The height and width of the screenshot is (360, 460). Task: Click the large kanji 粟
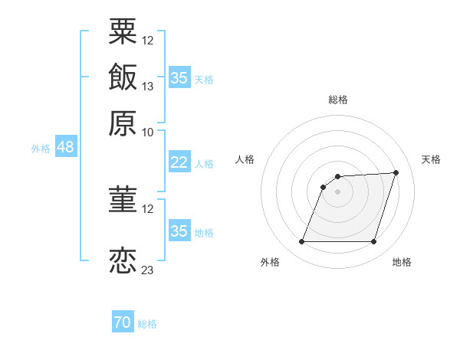click(123, 31)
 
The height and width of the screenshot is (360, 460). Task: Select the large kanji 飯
click(123, 77)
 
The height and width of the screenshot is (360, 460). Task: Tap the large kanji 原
click(123, 123)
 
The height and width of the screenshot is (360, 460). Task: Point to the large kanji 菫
click(123, 199)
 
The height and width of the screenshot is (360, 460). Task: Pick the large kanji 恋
click(123, 260)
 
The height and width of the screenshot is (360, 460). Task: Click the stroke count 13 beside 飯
click(147, 87)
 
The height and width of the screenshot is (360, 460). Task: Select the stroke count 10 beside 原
click(147, 133)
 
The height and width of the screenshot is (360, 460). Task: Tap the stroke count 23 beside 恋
click(147, 270)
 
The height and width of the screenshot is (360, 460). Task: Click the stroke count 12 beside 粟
click(147, 41)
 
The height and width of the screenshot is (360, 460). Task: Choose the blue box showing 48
click(66, 146)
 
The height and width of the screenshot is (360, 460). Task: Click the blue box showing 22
click(179, 162)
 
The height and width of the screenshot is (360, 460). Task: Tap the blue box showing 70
click(123, 321)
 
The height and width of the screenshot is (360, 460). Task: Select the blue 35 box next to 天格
click(179, 77)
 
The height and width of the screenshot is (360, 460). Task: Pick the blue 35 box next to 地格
click(179, 230)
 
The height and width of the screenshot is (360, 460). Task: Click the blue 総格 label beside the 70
click(147, 324)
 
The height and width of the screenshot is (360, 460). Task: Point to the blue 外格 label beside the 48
click(41, 149)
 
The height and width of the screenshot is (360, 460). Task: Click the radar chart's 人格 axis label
click(245, 159)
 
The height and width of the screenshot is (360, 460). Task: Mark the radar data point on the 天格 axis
click(396, 172)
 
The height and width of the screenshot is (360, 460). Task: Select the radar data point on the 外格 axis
click(301, 241)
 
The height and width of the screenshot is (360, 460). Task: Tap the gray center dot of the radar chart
click(337, 191)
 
